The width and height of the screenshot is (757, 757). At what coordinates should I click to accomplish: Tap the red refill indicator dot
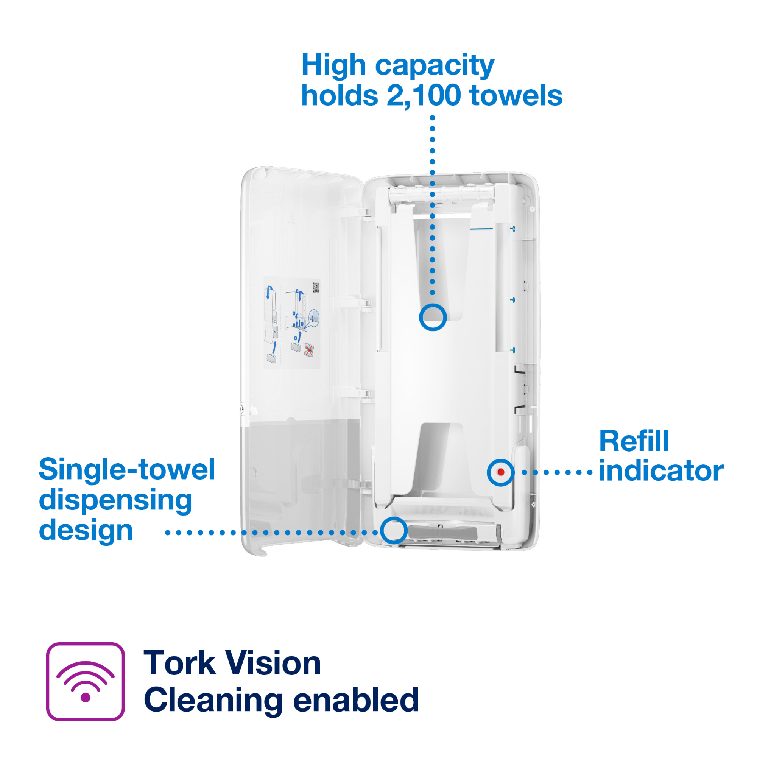(501, 472)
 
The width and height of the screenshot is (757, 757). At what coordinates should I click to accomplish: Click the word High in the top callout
(333, 66)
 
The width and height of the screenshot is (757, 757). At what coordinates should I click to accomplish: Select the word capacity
(435, 67)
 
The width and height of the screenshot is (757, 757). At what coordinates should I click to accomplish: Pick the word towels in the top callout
(516, 95)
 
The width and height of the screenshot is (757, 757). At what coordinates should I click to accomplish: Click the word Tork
(179, 664)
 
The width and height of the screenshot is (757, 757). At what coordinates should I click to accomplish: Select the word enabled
(356, 700)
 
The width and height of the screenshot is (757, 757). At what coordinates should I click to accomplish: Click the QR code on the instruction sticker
(315, 288)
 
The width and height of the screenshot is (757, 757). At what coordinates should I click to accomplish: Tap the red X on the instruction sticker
(309, 350)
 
